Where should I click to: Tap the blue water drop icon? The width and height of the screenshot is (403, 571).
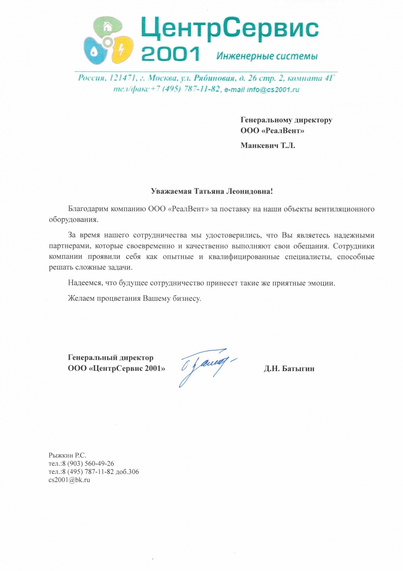click(x=94, y=51)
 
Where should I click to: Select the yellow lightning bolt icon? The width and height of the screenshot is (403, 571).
click(x=121, y=50)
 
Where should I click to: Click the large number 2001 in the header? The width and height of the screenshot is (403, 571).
click(x=170, y=54)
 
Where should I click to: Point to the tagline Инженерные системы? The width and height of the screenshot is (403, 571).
click(x=267, y=56)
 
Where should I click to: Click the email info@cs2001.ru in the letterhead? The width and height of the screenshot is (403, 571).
click(x=273, y=90)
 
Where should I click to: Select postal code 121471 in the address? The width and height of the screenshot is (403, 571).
click(x=122, y=78)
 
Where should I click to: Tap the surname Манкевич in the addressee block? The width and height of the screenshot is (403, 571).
click(x=259, y=145)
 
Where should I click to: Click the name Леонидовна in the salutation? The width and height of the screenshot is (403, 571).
click(x=249, y=191)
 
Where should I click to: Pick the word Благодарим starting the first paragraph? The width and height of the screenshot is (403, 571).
click(x=88, y=209)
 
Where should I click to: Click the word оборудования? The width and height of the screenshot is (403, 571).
click(x=73, y=220)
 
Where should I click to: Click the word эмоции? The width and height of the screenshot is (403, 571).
click(x=323, y=283)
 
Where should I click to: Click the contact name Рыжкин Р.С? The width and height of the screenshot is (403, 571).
click(x=67, y=455)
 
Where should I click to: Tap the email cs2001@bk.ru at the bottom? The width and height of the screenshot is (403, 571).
click(x=69, y=480)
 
